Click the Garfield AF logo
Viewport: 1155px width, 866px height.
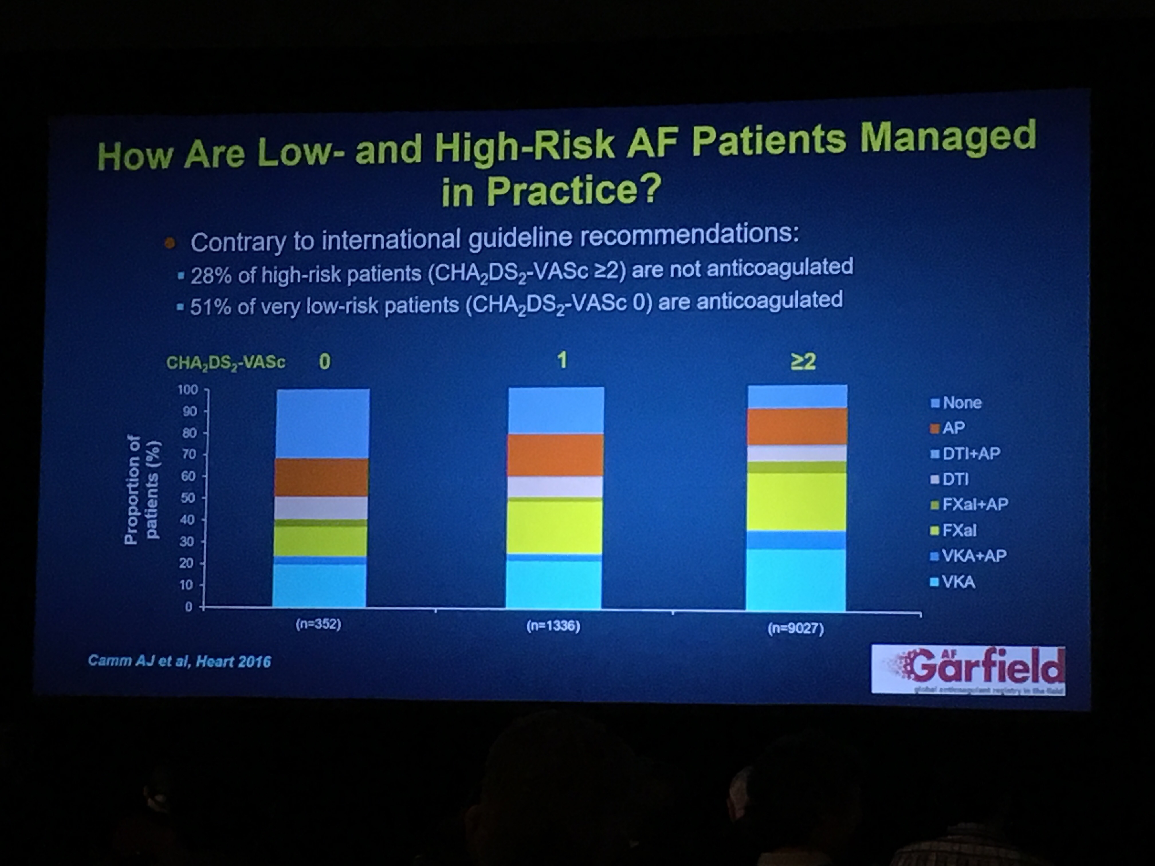point(968,670)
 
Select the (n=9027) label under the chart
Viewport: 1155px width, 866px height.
point(795,629)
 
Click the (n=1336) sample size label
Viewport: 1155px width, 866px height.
point(553,626)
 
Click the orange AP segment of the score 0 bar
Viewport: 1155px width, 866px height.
point(321,477)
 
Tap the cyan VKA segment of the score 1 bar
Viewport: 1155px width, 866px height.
point(553,584)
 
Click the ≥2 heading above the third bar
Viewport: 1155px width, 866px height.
point(803,361)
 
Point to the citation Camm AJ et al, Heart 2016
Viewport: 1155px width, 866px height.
point(179,661)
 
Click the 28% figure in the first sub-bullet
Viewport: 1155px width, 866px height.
point(211,275)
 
